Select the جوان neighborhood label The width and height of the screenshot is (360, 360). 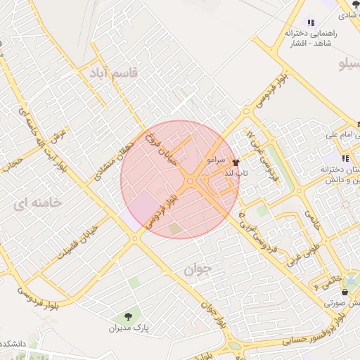pos(198,269)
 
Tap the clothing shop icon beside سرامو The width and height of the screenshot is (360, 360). pos(235,161)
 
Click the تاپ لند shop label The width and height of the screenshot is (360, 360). pos(233,172)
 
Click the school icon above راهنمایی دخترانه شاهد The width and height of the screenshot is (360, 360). pos(311,22)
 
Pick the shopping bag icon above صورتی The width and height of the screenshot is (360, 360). pos(345,292)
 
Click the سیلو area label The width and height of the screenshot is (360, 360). pos(349,65)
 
